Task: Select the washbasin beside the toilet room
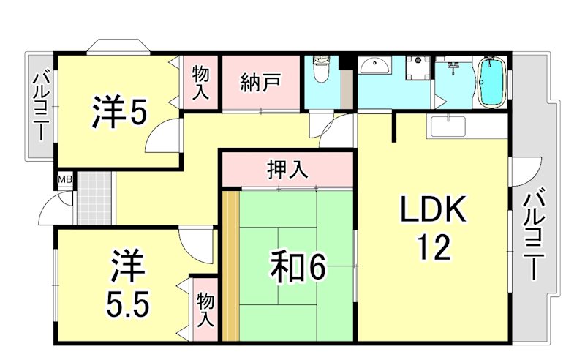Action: pyautogui.click(x=375, y=67)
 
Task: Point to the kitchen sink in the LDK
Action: pyautogui.click(x=448, y=126)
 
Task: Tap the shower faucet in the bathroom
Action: pyautogui.click(x=453, y=70)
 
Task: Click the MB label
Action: pyautogui.click(x=65, y=179)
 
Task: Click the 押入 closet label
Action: pyautogui.click(x=287, y=170)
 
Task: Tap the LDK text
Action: pyautogui.click(x=432, y=211)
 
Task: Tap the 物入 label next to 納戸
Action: pyautogui.click(x=201, y=83)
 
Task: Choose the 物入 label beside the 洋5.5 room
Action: pyautogui.click(x=205, y=310)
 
